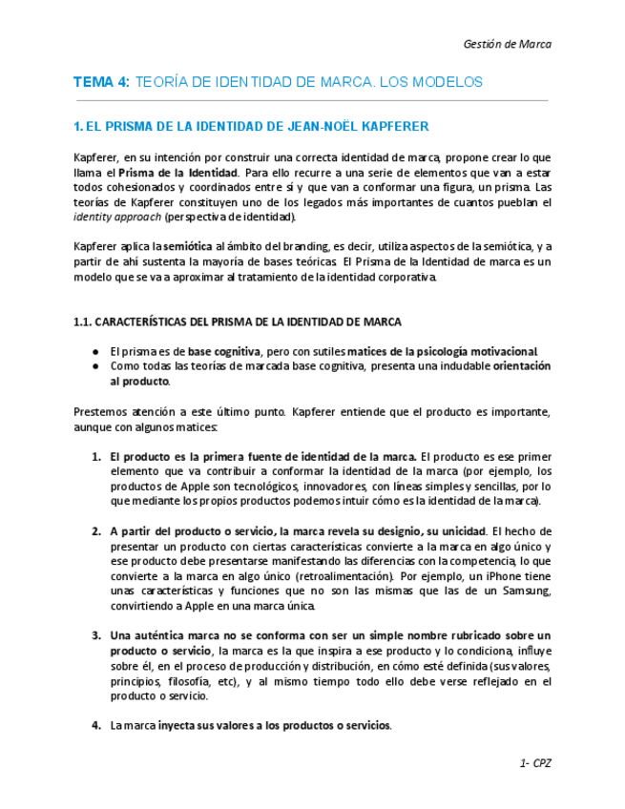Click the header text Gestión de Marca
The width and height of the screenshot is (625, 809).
(x=507, y=44)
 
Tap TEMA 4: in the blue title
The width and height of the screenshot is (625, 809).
(x=101, y=83)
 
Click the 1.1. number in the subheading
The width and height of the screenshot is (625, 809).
(x=83, y=322)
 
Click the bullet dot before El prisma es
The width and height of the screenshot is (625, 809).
(x=96, y=351)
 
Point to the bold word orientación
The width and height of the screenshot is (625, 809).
(x=522, y=366)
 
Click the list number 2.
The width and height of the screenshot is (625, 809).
(x=96, y=531)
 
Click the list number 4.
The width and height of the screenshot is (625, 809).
(x=96, y=726)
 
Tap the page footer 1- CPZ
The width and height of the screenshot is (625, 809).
(x=535, y=764)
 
